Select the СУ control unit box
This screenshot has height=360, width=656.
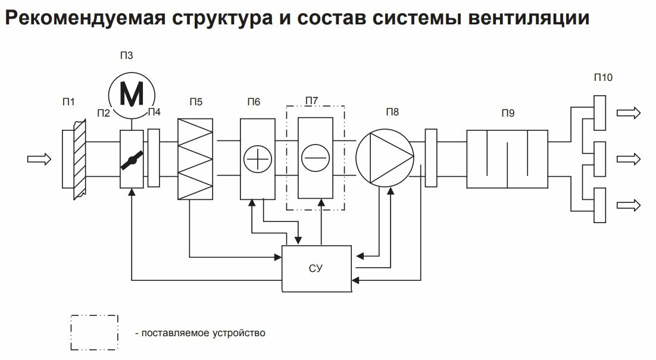coord(316,268)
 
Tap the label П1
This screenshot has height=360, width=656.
coord(68,102)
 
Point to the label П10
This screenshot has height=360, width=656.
coord(603,77)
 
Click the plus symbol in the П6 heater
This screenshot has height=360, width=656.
coord(258,159)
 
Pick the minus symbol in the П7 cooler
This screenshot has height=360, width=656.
coord(315,159)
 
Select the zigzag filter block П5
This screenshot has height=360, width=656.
coord(195,159)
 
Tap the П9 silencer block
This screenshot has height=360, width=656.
coord(506,159)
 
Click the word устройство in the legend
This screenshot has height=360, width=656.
coord(238,333)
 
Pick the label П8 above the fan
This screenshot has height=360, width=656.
coord(392,111)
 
